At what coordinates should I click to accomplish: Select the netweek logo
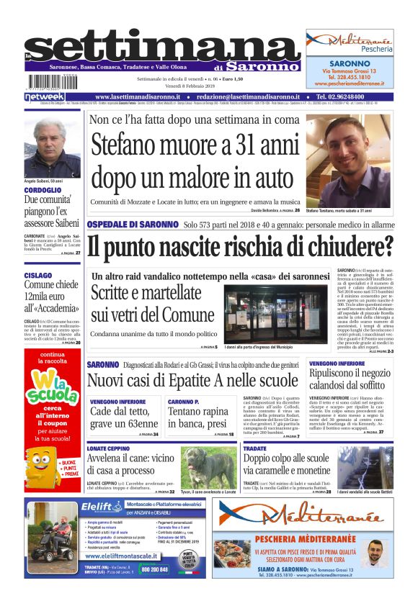coord(45,96)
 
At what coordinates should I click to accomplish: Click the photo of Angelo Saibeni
coord(52,148)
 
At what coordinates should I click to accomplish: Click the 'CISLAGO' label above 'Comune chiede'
coord(37,275)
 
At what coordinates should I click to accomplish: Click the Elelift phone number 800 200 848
coord(154,569)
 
